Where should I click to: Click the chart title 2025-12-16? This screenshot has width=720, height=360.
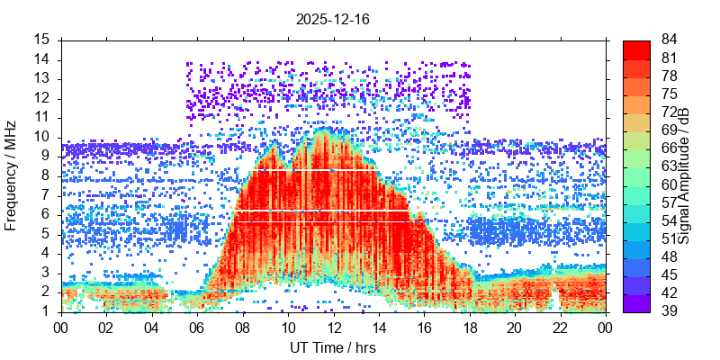[333, 19]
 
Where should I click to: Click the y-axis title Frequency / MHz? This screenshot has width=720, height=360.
[12, 175]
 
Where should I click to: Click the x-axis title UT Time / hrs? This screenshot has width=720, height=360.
[333, 347]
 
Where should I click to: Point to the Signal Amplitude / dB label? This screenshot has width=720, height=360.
[684, 175]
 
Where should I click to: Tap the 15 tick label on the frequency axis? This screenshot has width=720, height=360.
[42, 40]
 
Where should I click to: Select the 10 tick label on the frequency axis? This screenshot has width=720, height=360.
[42, 137]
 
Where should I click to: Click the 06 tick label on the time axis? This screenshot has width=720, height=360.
[197, 328]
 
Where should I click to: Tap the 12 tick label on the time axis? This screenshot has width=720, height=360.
[333, 328]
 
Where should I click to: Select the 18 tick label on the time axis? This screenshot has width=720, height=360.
[469, 328]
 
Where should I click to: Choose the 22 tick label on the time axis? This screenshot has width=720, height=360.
[560, 328]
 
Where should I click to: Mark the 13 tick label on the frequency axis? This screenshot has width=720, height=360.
[42, 78]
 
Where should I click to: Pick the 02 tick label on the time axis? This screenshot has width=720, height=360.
[106, 328]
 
